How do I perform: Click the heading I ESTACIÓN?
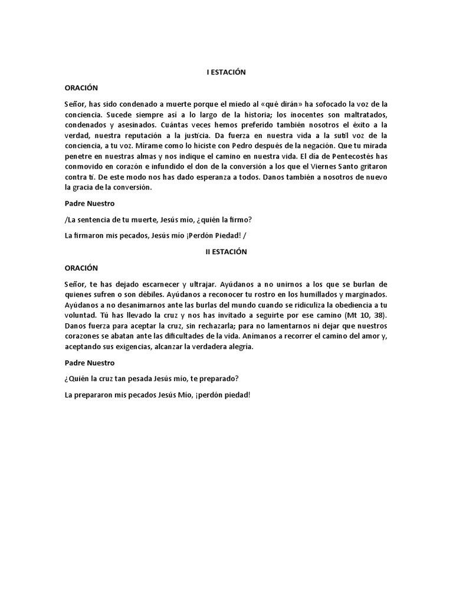(x=226, y=72)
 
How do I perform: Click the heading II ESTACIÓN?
(x=226, y=251)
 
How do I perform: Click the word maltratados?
(x=360, y=114)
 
